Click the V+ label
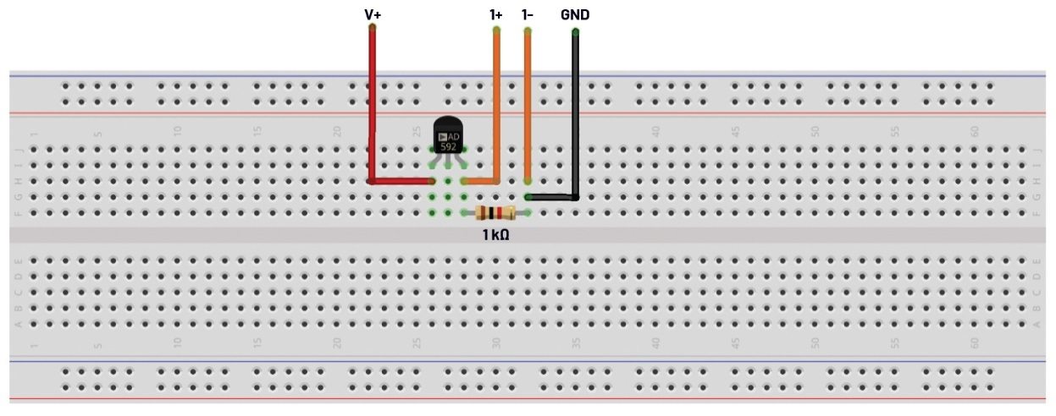pyautogui.click(x=373, y=14)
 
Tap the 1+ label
pyautogui.click(x=496, y=14)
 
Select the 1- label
pyautogui.click(x=527, y=14)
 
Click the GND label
pyautogui.click(x=575, y=14)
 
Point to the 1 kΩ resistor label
pyautogui.click(x=495, y=234)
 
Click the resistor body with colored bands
pyautogui.click(x=495, y=213)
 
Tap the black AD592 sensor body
pyautogui.click(x=448, y=135)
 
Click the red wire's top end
pyautogui.click(x=373, y=28)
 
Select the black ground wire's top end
pyautogui.click(x=575, y=32)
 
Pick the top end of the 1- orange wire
pyautogui.click(x=528, y=31)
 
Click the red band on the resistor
pyautogui.click(x=500, y=213)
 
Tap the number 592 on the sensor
pyautogui.click(x=448, y=146)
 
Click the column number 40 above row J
pyautogui.click(x=655, y=132)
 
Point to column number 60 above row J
pyautogui.click(x=975, y=132)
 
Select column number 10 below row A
pyautogui.click(x=177, y=343)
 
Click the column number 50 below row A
pyautogui.click(x=815, y=343)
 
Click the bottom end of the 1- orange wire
pyautogui.click(x=528, y=181)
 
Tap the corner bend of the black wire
pyautogui.click(x=575, y=197)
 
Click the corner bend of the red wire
pyautogui.click(x=373, y=181)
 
